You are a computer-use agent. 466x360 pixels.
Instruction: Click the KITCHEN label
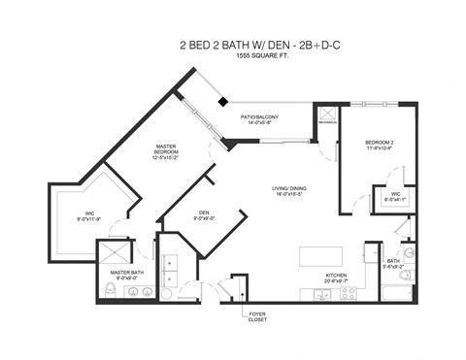point(336,277)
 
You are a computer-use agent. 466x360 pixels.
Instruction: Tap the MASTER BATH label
point(127,274)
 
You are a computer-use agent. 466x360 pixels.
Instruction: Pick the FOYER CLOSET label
point(257,315)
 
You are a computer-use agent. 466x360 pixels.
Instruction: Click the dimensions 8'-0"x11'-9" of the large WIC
point(90,219)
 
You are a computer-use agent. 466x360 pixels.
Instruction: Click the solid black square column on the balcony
point(222,102)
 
